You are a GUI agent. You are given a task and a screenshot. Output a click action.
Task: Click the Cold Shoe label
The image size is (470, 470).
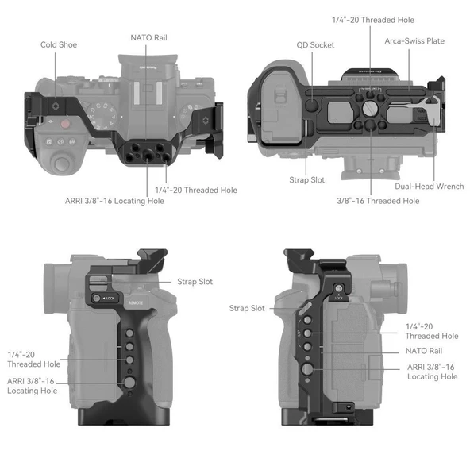pos(59,44)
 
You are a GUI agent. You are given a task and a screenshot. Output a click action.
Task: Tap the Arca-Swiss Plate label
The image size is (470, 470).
pos(414,40)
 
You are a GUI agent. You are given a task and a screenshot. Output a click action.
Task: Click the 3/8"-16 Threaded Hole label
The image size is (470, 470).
pos(377,201)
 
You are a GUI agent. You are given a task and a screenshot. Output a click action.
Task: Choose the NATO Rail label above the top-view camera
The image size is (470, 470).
pos(148,37)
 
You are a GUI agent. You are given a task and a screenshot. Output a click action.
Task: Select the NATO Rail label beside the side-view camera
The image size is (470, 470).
pos(424,350)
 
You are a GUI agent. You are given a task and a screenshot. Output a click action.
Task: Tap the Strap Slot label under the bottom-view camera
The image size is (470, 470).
pos(306,180)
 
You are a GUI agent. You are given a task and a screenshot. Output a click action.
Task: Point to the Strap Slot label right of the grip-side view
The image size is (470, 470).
pos(195,282)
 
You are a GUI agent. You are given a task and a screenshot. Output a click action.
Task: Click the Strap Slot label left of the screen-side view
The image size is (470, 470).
pos(247,308)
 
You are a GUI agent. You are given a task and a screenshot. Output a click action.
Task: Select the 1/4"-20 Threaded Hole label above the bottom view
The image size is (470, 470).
pos(372,20)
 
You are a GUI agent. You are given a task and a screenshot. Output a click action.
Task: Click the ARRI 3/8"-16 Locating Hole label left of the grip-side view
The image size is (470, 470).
pos(32,385)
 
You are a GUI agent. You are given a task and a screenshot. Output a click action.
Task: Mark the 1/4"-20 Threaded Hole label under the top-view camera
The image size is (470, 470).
pos(195,190)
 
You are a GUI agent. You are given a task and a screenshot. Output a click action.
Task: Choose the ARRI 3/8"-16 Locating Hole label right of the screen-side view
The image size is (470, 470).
pos(432,372)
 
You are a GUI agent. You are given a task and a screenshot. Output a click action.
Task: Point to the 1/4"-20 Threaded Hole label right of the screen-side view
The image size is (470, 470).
pos(432,331)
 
